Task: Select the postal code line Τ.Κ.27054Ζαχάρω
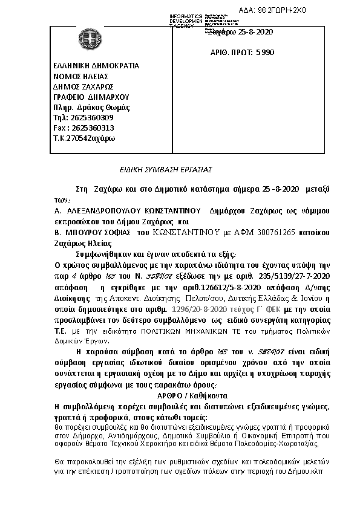[x=84, y=138]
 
